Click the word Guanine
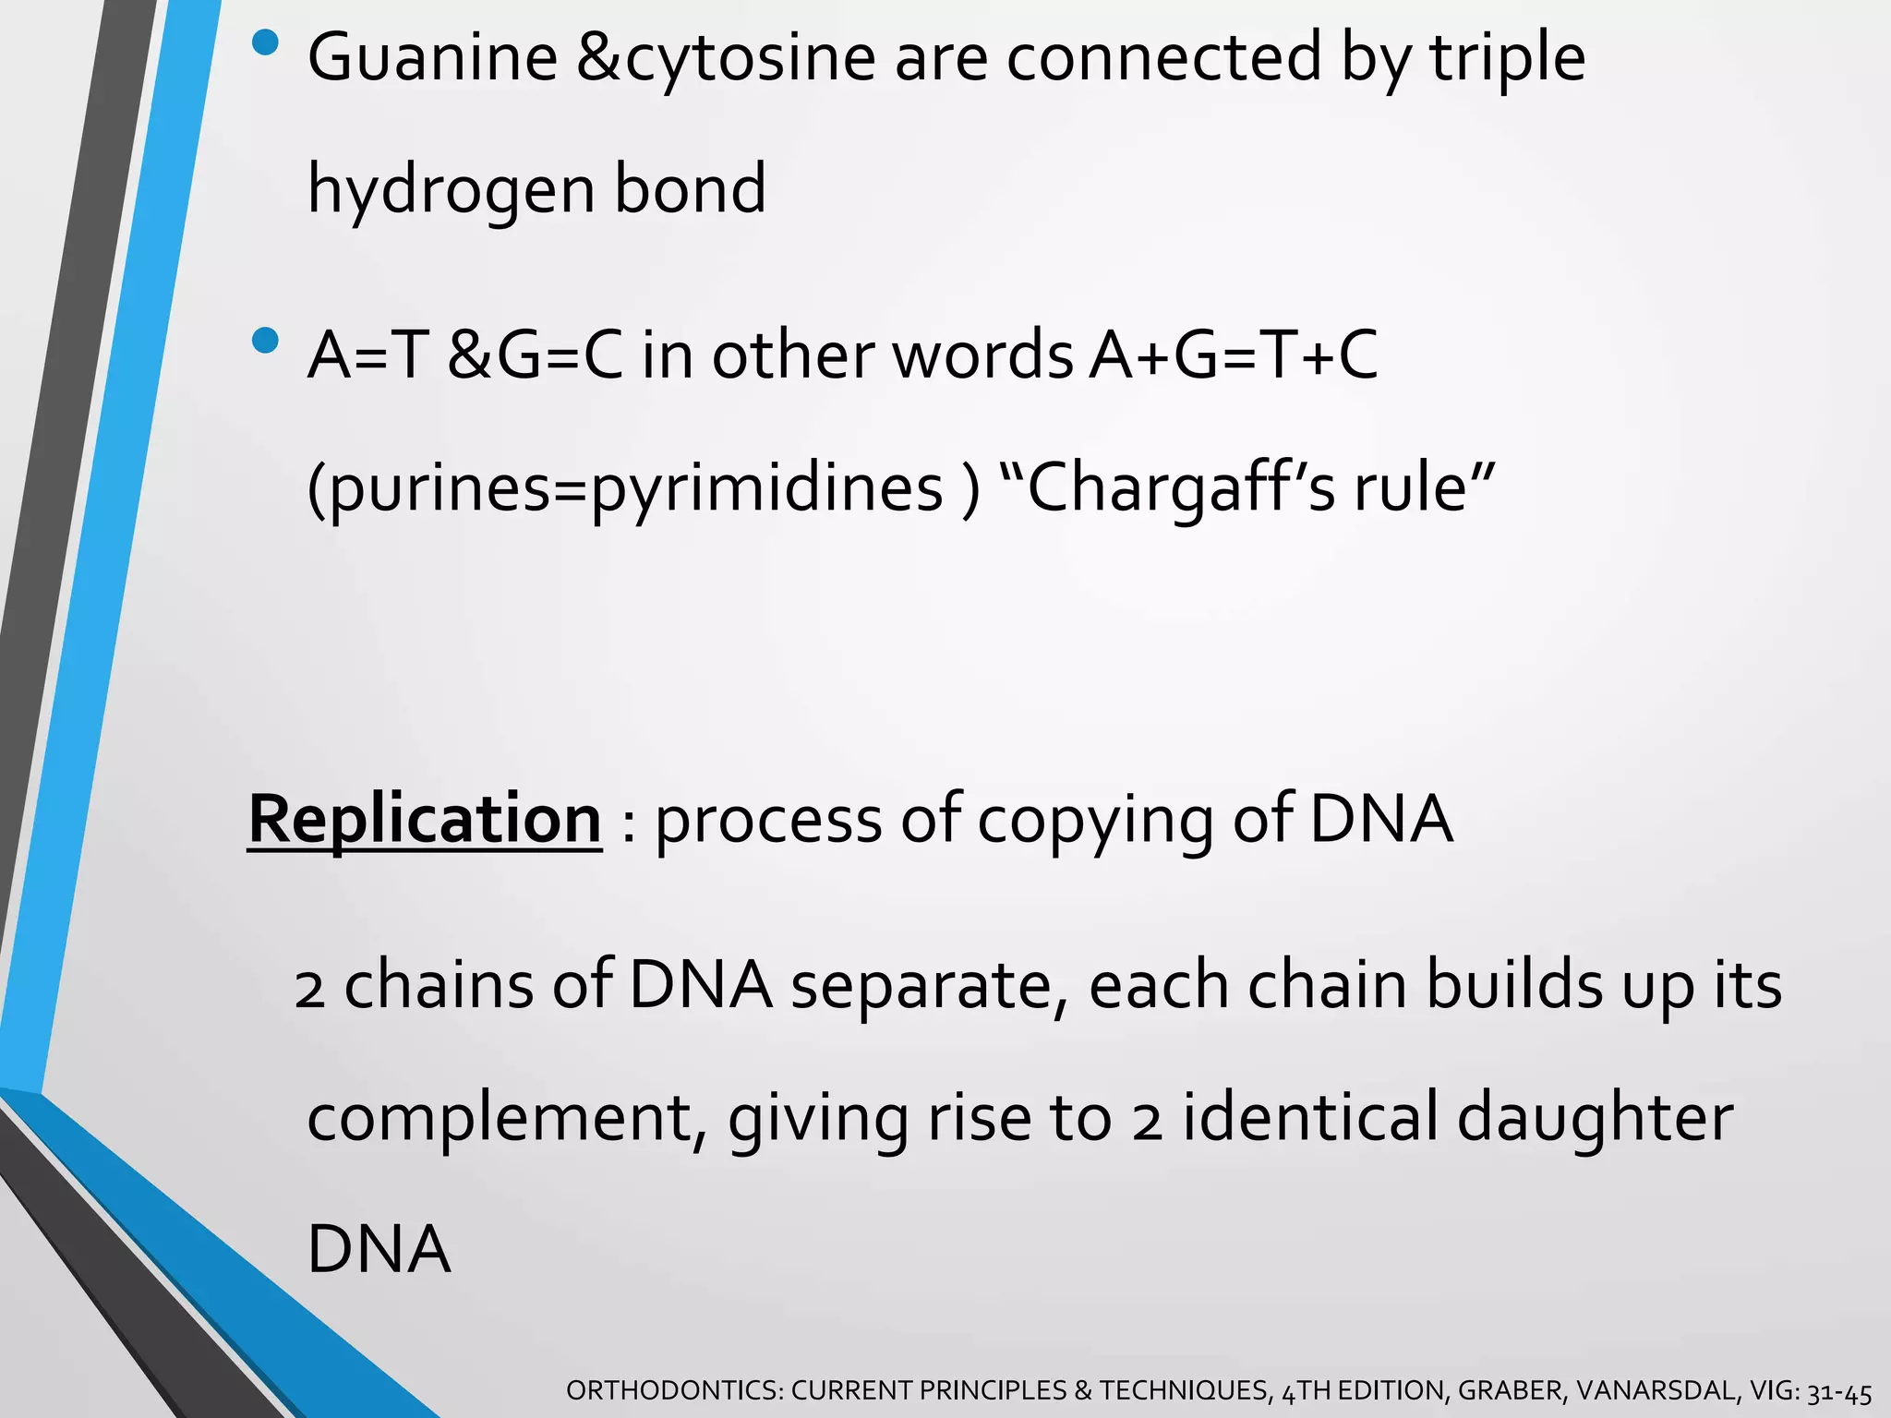[432, 57]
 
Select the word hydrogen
[451, 190]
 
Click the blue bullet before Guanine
[265, 42]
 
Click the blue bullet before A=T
[265, 341]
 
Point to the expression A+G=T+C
[1233, 355]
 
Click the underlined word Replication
[425, 819]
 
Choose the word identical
[1308, 1117]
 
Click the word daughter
[1595, 1117]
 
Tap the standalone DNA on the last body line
[379, 1249]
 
